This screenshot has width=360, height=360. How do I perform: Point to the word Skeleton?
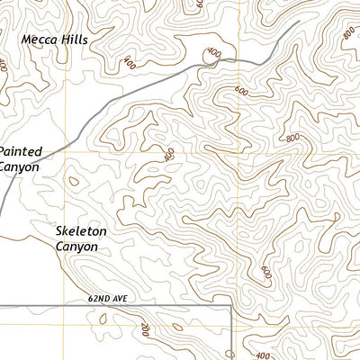tap(80, 231)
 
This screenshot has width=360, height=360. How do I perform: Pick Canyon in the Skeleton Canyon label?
tap(77, 246)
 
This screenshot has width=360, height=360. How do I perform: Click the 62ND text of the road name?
tap(103, 297)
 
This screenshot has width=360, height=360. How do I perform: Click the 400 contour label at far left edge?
tap(4, 66)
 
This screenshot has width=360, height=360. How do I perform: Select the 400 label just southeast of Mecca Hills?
tap(130, 64)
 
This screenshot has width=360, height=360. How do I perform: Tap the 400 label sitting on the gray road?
tap(212, 55)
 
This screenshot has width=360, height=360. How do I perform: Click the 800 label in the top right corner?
tap(349, 33)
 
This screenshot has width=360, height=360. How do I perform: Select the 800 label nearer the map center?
tap(292, 138)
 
